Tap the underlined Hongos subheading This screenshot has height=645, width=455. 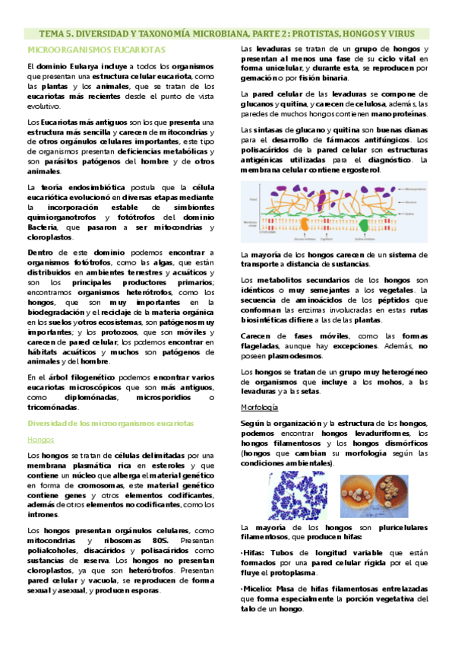click(x=39, y=440)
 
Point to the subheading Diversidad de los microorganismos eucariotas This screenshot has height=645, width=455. click(x=111, y=423)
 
